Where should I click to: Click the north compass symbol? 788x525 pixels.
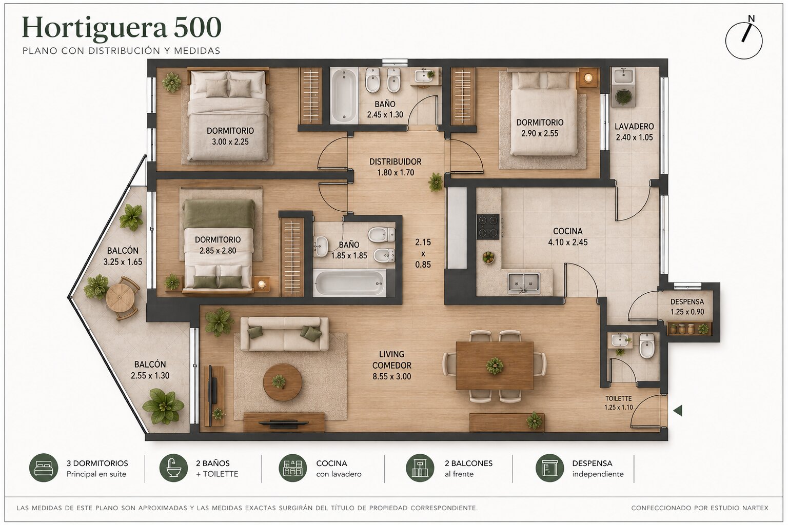pos(744,41)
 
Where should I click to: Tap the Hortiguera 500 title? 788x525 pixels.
pos(122,27)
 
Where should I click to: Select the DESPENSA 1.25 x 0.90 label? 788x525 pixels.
pos(687,307)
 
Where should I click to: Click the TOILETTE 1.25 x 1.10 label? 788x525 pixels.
pos(618,403)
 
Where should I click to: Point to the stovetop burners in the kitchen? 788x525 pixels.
pos(488,227)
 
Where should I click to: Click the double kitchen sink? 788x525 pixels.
pos(524,283)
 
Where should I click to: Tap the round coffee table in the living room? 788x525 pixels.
pos(283,382)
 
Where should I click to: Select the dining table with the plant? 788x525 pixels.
pos(495,366)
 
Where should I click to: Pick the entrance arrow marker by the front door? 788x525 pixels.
pos(678,410)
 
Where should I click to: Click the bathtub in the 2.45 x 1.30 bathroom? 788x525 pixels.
pos(344,96)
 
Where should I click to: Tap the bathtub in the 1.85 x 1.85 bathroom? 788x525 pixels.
pos(349,283)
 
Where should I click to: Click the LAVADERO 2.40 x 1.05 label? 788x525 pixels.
pos(634,132)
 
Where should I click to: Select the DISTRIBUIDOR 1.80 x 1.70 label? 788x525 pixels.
pos(396,167)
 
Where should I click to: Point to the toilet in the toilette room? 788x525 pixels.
pos(647,345)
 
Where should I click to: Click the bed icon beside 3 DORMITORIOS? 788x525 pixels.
pos(44,468)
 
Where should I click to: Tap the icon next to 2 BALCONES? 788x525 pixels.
pos(420,468)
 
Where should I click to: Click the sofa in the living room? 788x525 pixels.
pos(284,334)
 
